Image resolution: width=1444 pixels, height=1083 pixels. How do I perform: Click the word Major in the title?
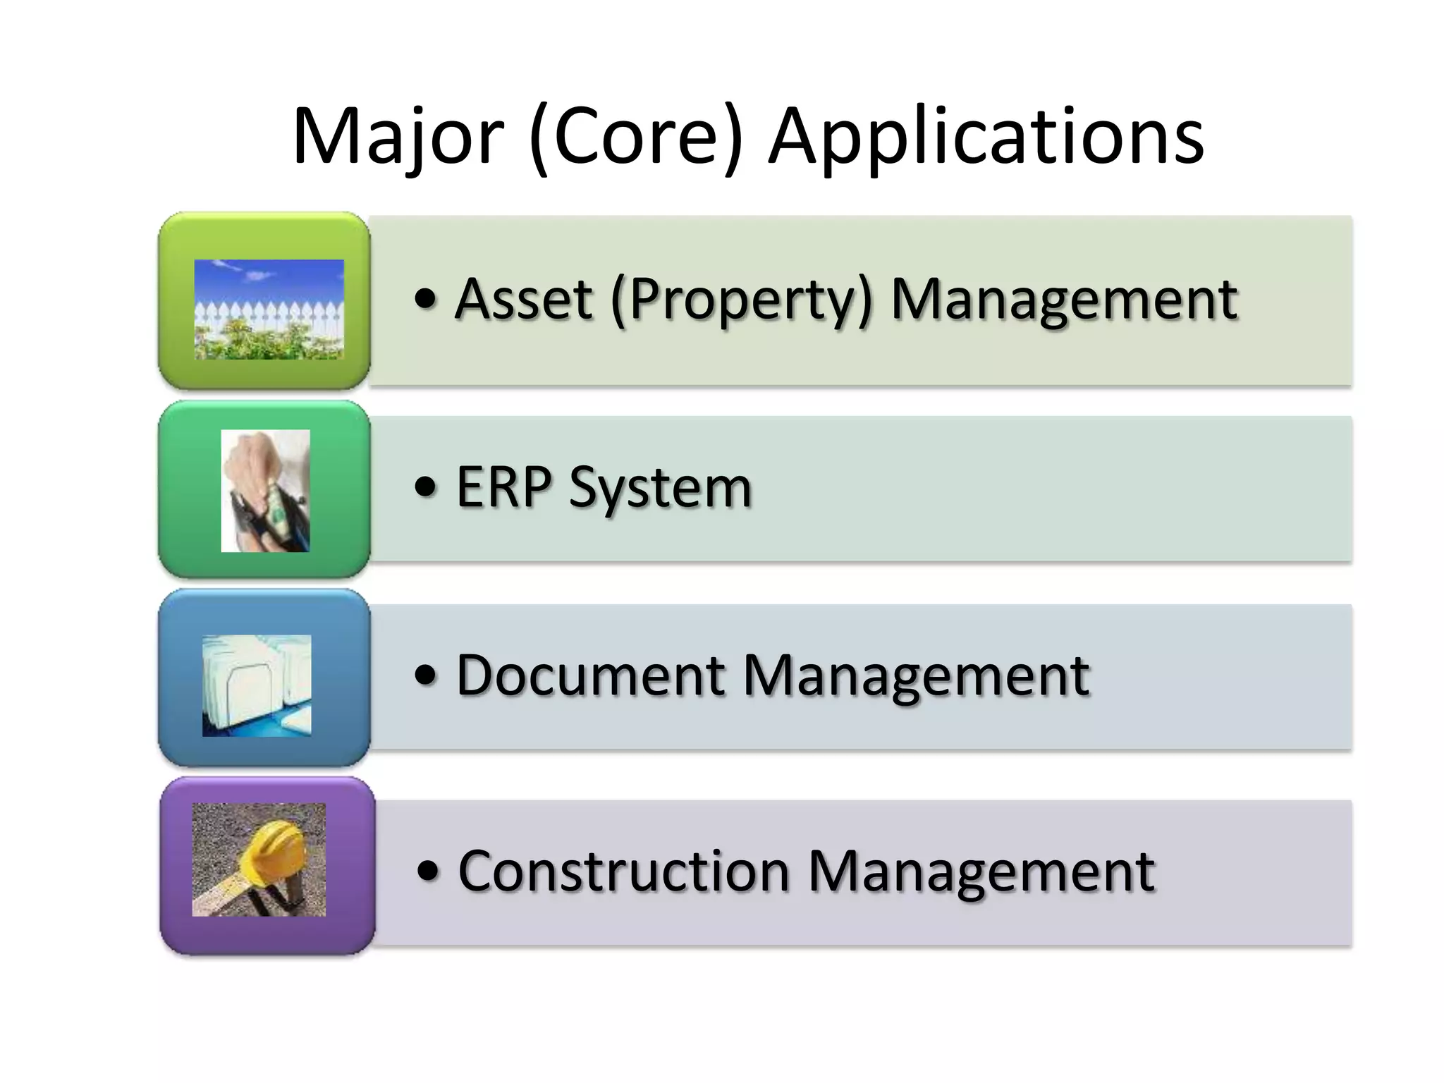(398, 136)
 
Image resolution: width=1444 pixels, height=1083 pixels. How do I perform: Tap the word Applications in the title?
(986, 136)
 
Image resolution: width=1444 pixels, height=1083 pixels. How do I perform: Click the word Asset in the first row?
(523, 299)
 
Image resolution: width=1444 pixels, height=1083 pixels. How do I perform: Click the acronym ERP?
(503, 487)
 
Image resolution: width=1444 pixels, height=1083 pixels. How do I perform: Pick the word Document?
(591, 675)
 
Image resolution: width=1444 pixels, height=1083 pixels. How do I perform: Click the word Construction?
(624, 871)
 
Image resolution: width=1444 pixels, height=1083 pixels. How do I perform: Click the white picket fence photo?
(269, 310)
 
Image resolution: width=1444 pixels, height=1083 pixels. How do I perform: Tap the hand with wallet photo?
(265, 491)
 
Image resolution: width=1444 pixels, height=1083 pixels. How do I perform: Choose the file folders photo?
(257, 685)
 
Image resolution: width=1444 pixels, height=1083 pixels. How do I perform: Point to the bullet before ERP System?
(426, 487)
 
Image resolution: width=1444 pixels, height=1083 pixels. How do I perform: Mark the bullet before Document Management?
(426, 675)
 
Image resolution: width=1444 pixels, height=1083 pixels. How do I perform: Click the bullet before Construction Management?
(428, 871)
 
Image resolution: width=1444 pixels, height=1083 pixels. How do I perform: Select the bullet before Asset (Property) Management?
(426, 299)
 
